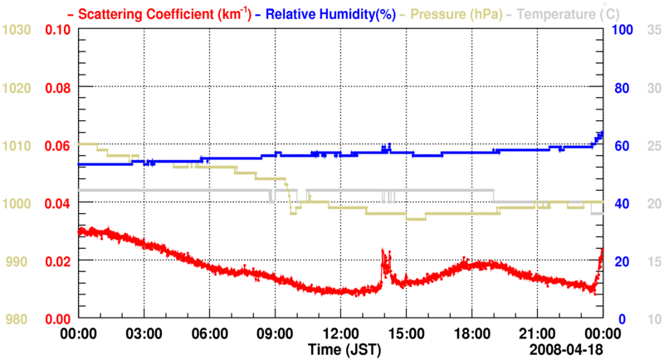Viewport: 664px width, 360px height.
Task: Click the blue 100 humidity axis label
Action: pyautogui.click(x=622, y=30)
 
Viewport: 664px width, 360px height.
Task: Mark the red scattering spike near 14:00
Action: pyautogui.click(x=383, y=252)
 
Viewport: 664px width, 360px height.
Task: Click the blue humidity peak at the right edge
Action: pyautogui.click(x=601, y=134)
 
